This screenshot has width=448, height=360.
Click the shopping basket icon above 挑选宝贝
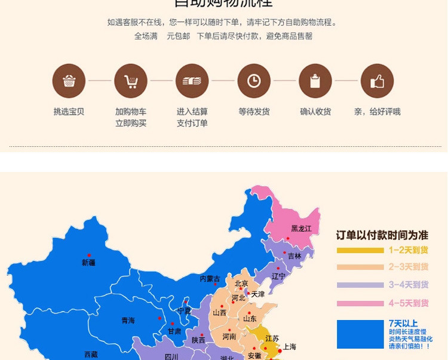click(x=69, y=81)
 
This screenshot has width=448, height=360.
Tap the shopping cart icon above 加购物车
click(x=130, y=81)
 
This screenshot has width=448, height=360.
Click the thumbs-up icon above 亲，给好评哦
click(x=377, y=81)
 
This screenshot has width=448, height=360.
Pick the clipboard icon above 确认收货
click(x=315, y=81)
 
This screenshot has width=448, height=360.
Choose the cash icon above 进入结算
click(x=192, y=81)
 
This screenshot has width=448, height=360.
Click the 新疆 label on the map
click(x=88, y=263)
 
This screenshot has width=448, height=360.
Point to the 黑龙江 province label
click(x=301, y=229)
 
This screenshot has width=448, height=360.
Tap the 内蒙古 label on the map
click(x=210, y=279)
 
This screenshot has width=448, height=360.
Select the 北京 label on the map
click(x=241, y=284)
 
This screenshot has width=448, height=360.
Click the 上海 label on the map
click(x=290, y=346)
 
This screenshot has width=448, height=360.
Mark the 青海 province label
click(x=128, y=321)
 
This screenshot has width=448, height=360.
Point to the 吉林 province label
click(x=294, y=256)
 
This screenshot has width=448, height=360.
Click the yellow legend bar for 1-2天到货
click(x=360, y=250)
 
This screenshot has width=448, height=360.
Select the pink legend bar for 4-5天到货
click(x=360, y=303)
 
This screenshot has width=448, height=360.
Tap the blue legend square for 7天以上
click(x=360, y=334)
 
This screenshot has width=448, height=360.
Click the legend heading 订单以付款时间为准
click(x=382, y=235)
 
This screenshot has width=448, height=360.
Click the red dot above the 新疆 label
click(x=89, y=255)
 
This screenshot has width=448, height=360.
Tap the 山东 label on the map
click(x=250, y=319)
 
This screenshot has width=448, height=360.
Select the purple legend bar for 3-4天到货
click(x=360, y=285)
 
